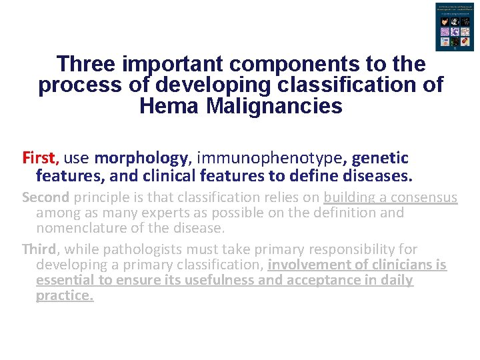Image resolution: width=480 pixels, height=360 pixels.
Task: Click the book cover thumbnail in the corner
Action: [451, 27]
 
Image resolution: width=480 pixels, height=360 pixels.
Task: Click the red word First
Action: [40, 158]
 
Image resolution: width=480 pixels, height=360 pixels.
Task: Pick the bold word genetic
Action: [380, 158]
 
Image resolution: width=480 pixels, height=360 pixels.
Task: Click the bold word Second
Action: [45, 197]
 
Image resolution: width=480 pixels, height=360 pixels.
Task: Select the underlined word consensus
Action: [419, 197]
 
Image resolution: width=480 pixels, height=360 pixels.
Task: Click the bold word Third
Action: [39, 249]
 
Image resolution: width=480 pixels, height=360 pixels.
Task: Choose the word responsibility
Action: [352, 249]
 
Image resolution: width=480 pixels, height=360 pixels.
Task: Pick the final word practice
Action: [65, 295]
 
